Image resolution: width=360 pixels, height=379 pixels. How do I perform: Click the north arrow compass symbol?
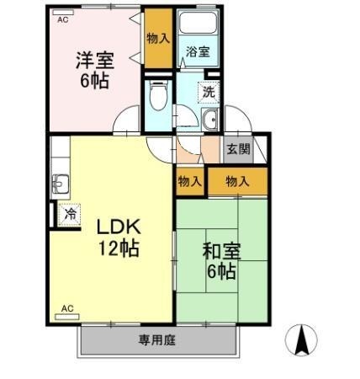pos(301,340)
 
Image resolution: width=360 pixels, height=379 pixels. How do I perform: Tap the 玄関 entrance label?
pos(238,149)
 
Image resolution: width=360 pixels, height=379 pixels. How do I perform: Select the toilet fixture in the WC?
pos(158,95)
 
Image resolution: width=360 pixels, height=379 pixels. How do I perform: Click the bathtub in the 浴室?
pos(199,22)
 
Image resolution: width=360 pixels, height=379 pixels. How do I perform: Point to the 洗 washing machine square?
pos(209,92)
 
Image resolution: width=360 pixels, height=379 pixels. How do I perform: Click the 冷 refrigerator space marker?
pos(69,215)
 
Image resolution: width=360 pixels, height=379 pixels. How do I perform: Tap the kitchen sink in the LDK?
pos(60,184)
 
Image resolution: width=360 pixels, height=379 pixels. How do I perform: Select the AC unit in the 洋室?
pos(63,13)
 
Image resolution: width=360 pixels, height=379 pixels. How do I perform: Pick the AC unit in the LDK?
pos(67,317)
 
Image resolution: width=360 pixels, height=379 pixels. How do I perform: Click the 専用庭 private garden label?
pos(157,340)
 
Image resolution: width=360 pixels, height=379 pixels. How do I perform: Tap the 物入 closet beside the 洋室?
pos(158,38)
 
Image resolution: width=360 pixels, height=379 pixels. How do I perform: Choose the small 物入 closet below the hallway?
pos(190,182)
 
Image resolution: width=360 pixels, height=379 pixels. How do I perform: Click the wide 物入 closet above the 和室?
pos(238,181)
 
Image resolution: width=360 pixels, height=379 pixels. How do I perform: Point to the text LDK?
pos(119,227)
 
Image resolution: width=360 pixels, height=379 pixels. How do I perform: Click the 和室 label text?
pos(222,251)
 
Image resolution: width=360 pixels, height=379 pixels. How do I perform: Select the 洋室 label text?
pos(95,60)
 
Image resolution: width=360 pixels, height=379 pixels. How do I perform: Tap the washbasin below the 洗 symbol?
pos(209,120)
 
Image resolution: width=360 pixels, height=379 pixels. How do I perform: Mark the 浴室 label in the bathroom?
pos(198,52)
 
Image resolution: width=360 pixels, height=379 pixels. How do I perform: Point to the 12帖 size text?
pos(119,248)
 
